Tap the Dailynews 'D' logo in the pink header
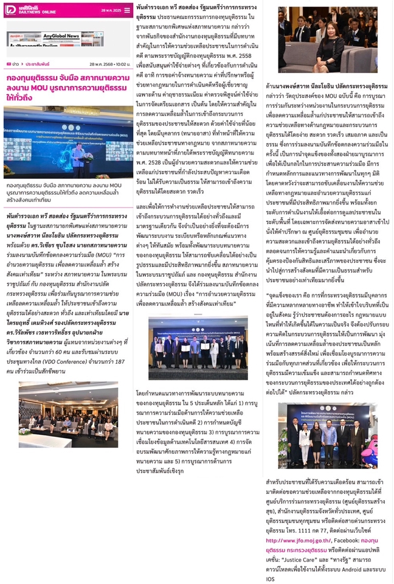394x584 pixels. coord(10,10)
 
